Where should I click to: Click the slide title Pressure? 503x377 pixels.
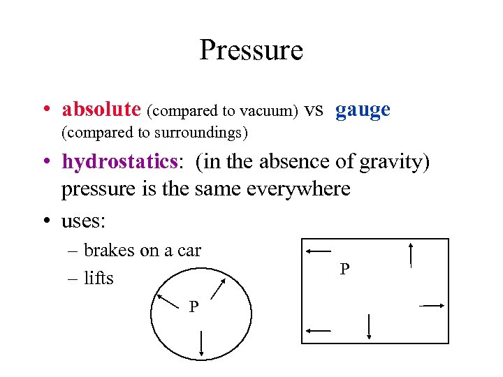[251, 51]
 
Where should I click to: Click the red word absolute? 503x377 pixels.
[101, 110]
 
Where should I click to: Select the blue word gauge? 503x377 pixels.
[363, 110]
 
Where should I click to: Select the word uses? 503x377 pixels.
[83, 221]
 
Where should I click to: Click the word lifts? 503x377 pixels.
[99, 278]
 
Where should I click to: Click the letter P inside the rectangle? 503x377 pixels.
[344, 270]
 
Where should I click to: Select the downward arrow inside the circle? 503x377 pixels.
[201, 343]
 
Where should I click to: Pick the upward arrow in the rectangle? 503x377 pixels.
[411, 254]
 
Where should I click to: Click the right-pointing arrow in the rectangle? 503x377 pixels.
[432, 305]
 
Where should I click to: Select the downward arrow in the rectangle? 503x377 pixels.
[368, 327]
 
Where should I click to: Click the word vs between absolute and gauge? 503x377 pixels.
[314, 110]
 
